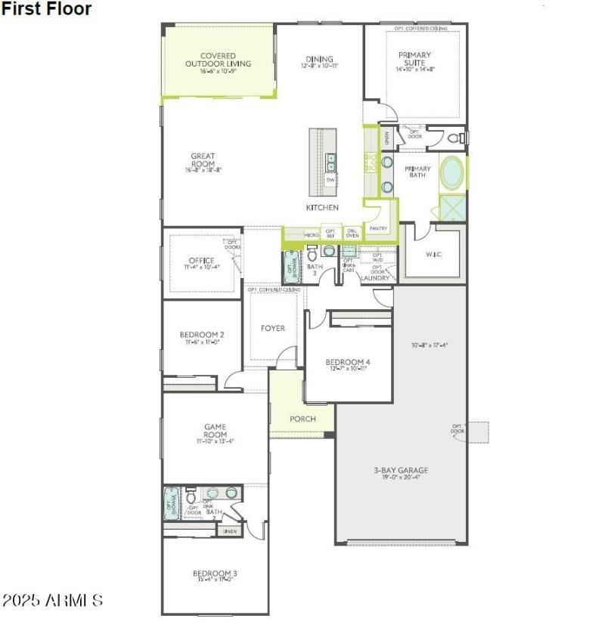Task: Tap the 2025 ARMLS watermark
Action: tap(53, 601)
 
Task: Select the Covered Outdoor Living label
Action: tap(218, 60)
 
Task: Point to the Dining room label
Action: tap(320, 60)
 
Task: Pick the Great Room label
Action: tap(203, 160)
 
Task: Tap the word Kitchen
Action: tap(322, 207)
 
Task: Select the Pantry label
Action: tap(377, 227)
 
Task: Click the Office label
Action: tap(202, 261)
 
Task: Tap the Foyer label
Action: tap(273, 328)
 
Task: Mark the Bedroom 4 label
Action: tap(348, 361)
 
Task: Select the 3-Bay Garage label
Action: tap(401, 470)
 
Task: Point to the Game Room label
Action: tap(216, 431)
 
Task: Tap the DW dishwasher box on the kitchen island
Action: tap(330, 180)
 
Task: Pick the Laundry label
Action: tap(375, 278)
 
